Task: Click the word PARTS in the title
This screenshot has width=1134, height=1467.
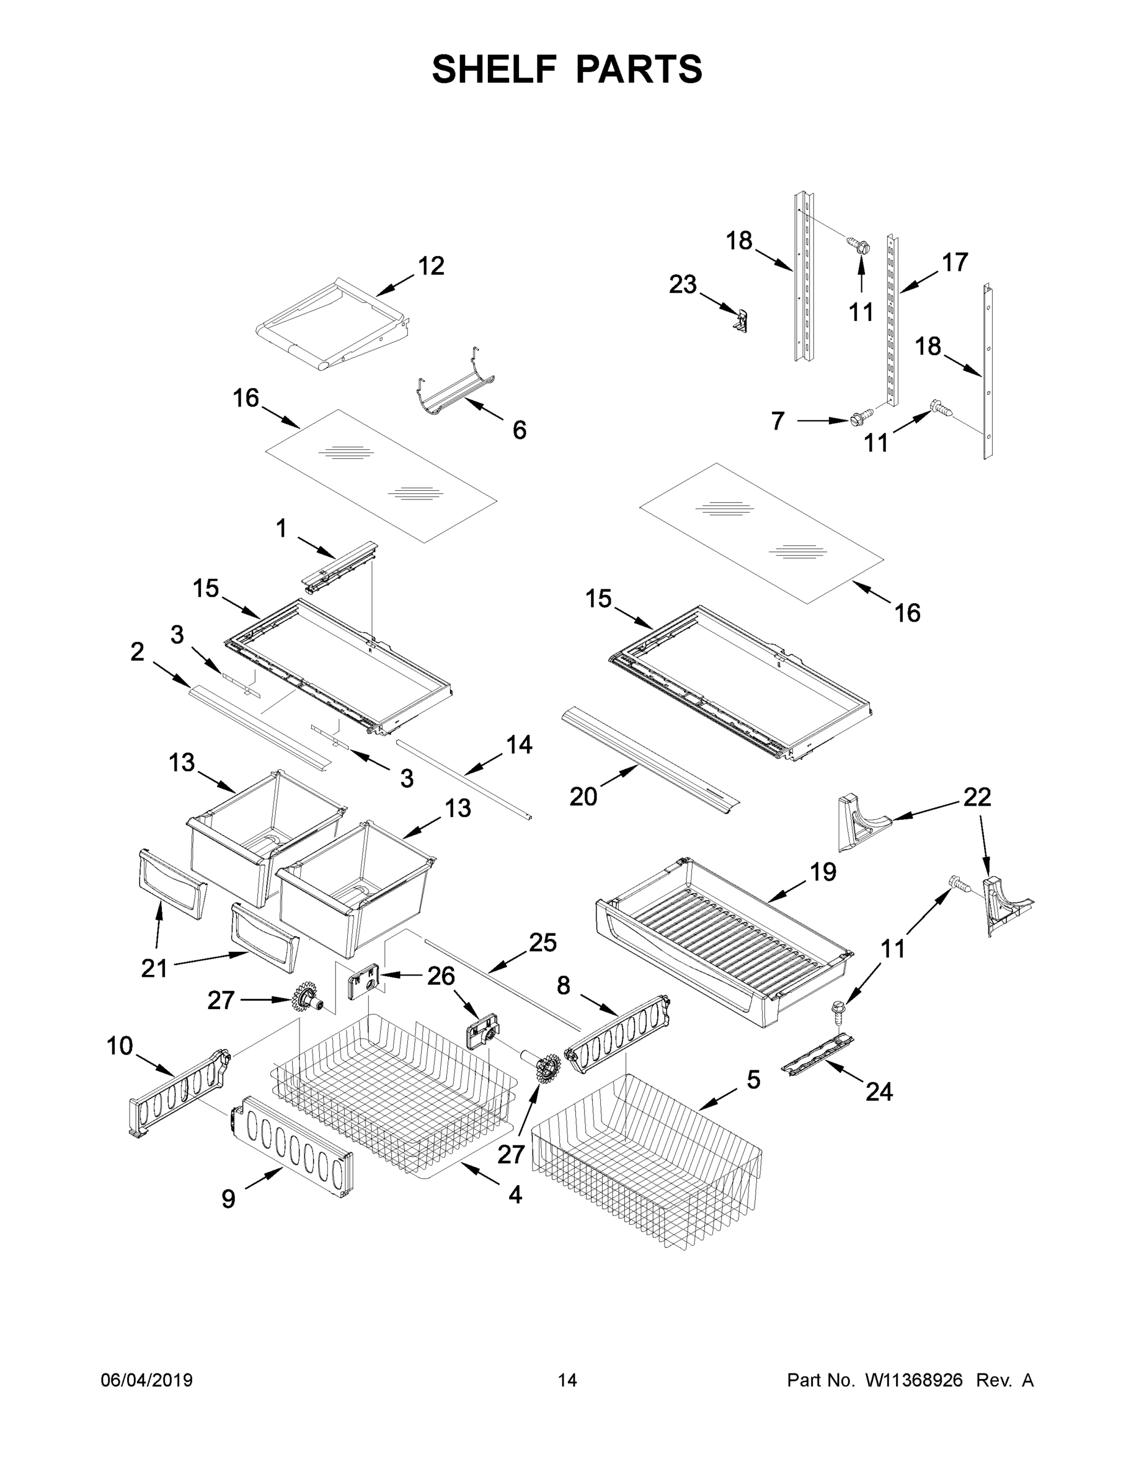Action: coord(638,69)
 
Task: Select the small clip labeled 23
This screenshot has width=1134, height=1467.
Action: coord(741,320)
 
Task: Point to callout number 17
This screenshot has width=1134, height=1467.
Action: coord(954,262)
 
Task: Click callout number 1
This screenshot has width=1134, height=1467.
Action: coord(281,529)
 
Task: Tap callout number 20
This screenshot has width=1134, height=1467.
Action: coord(583,796)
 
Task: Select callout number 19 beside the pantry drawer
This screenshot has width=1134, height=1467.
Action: coord(822,872)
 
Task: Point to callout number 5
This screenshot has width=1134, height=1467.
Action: coord(754,1080)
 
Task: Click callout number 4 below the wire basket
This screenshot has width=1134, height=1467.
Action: coord(515,1194)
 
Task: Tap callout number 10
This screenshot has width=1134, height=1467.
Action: coord(120,1046)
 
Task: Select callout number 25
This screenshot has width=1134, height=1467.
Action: coord(542,943)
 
